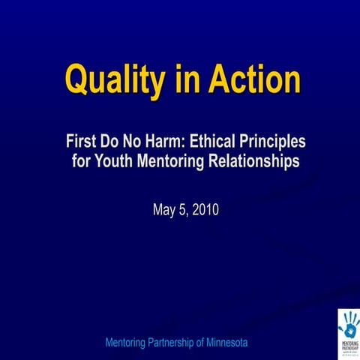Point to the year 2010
(x=205, y=210)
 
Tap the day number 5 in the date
(x=183, y=210)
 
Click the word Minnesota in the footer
(x=221, y=343)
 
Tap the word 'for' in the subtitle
(x=82, y=160)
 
